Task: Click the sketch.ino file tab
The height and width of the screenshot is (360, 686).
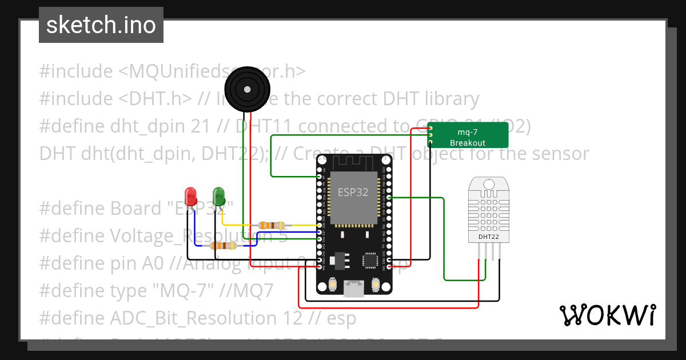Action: (x=101, y=25)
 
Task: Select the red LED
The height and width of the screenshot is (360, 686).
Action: (x=190, y=195)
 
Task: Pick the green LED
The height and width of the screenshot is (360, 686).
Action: (x=218, y=195)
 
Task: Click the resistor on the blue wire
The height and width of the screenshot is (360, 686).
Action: (x=224, y=246)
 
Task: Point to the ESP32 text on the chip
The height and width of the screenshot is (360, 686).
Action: (x=353, y=193)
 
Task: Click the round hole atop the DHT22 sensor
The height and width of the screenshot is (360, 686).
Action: (x=489, y=184)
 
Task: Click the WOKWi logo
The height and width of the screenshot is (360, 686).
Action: (x=607, y=315)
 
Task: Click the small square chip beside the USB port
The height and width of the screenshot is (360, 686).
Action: (x=369, y=261)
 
